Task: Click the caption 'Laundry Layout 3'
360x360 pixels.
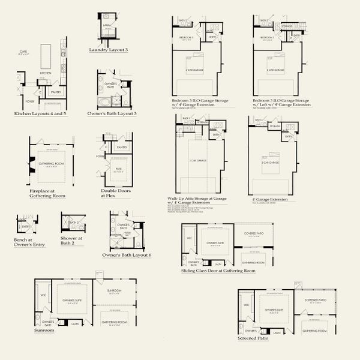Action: [x=109, y=49]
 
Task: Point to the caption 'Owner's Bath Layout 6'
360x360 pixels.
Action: [x=127, y=256]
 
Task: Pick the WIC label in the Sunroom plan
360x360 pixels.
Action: [x=43, y=295]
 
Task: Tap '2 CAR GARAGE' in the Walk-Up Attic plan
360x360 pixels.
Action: [x=197, y=161]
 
